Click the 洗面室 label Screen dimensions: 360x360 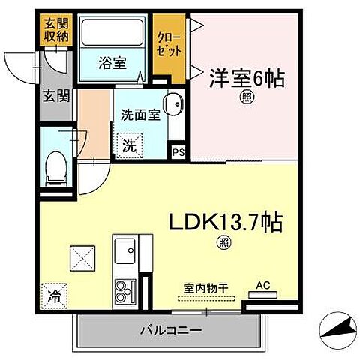pyautogui.click(x=139, y=115)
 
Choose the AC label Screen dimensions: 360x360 pyautogui.click(x=262, y=285)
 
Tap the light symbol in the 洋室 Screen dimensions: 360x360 pyautogui.click(x=245, y=97)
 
